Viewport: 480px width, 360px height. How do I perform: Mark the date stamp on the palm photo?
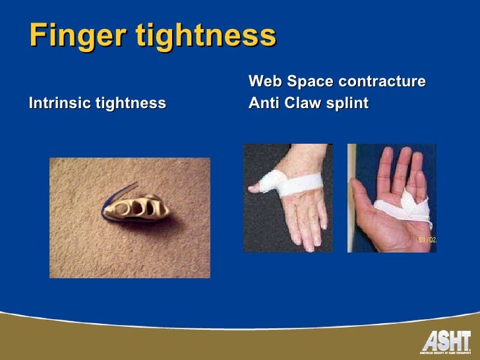coord(427,240)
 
